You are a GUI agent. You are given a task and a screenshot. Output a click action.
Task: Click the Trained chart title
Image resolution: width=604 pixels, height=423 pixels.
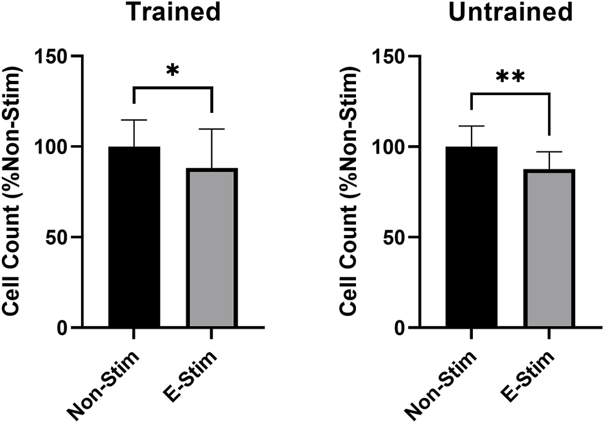click(x=172, y=12)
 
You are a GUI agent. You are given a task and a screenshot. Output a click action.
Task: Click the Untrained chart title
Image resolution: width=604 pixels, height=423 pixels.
click(x=509, y=12)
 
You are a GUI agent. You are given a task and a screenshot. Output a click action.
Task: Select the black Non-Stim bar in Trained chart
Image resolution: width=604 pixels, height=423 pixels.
click(x=134, y=237)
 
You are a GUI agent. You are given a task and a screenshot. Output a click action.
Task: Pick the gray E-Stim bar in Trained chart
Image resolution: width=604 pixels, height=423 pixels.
click(x=211, y=247)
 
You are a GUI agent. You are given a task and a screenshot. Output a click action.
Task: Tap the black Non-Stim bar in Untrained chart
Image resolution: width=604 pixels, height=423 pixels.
click(x=471, y=237)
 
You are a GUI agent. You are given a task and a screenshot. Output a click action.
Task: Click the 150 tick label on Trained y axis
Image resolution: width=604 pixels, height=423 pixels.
click(x=55, y=56)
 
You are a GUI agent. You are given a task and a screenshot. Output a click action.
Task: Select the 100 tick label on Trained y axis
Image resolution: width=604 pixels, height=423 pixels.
click(x=55, y=147)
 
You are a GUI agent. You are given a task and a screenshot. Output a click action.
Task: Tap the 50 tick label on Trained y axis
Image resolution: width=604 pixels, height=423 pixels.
click(x=60, y=237)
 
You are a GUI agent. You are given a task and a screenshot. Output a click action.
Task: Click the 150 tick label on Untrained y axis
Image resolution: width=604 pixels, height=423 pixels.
click(x=393, y=56)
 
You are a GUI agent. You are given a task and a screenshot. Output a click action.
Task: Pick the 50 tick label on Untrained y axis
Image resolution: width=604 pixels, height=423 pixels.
click(x=398, y=237)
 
